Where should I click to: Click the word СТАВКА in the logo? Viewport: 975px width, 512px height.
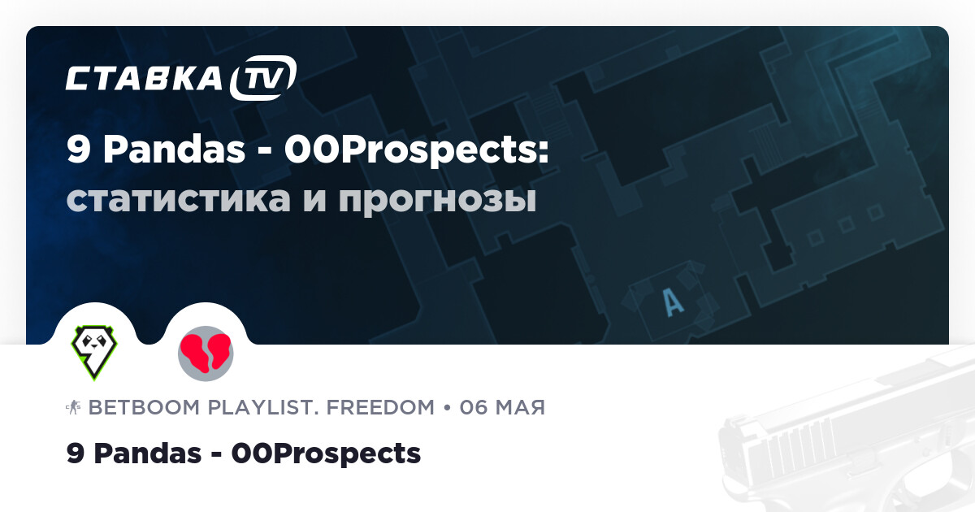pos(144,78)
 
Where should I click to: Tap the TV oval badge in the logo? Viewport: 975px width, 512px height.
pos(262,78)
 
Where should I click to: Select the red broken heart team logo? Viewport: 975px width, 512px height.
pos(206,353)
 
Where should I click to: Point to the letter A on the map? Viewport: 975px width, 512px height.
pos(673,302)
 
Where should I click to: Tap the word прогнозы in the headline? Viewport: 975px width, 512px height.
pos(437,199)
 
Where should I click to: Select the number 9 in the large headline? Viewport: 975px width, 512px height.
pos(79,151)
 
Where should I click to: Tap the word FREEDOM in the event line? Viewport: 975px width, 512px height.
pos(382,407)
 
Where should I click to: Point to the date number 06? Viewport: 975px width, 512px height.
pos(474,407)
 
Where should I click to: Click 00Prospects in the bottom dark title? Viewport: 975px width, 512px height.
pos(326,453)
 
